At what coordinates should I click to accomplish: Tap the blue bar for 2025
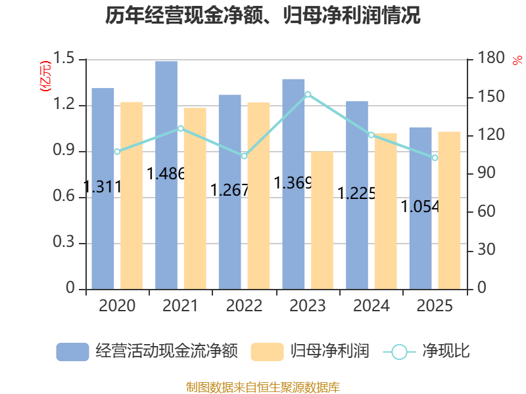(x=420, y=208)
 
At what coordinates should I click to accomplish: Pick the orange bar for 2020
(x=131, y=195)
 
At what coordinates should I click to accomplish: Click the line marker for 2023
(x=308, y=95)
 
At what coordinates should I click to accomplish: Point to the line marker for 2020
(x=117, y=152)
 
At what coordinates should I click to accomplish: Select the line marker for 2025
(x=435, y=158)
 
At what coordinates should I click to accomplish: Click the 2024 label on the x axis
(x=371, y=306)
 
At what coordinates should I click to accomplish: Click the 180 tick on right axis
(x=490, y=60)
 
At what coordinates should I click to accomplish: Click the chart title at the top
(x=263, y=16)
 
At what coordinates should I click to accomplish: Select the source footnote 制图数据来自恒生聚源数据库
(x=263, y=387)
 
